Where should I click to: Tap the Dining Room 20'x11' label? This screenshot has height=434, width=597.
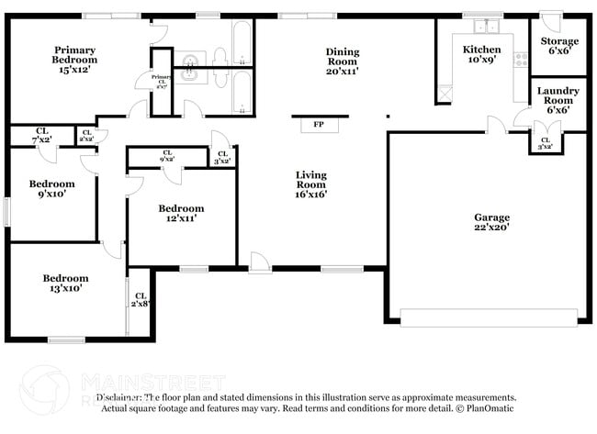coord(342,61)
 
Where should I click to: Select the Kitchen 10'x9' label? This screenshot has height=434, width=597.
coord(481,55)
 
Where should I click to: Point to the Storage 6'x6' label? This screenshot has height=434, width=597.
coord(558,47)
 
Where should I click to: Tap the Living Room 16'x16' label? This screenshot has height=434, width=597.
coord(310,184)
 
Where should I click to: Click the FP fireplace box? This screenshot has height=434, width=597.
coord(319,124)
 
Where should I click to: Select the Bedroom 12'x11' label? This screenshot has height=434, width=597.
coord(180,213)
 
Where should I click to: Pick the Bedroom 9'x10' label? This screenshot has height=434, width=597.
coord(51,189)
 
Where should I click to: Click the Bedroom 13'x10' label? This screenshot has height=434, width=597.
coord(64,284)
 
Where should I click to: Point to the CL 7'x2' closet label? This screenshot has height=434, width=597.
coord(42,136)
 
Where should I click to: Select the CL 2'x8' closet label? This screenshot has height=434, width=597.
coord(141,299)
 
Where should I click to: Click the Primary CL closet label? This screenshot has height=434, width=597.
coord(162,83)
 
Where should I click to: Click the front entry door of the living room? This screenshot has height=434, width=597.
coord(260,264)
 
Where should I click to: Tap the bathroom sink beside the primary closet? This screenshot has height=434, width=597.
coord(190,62)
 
